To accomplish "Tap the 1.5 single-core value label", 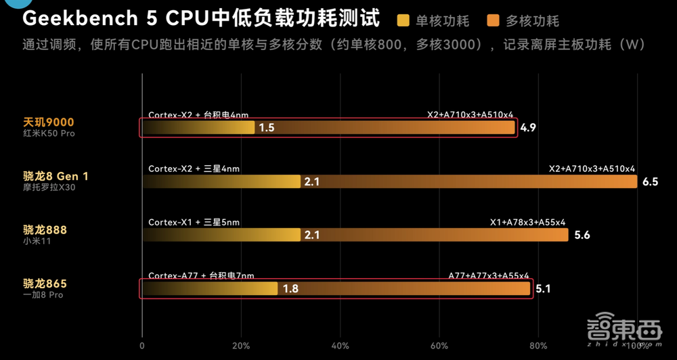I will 266,128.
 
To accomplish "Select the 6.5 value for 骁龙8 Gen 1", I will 650,182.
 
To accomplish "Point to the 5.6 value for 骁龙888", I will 582,235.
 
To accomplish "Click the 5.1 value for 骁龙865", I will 544,290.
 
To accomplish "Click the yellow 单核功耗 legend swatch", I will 405,20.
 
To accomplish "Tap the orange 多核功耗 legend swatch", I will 494,20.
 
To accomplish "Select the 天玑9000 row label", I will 48,122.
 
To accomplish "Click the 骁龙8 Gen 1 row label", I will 56,176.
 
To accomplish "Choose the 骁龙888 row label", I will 45,230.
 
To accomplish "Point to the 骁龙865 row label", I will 45,284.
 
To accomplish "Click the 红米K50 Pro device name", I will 49,134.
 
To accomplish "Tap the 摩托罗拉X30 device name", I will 49,187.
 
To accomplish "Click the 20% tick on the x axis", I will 241,346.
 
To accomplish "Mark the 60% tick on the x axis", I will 439,346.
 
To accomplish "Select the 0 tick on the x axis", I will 141,346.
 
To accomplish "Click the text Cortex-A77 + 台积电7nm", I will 201,276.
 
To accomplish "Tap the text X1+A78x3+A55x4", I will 527,222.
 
